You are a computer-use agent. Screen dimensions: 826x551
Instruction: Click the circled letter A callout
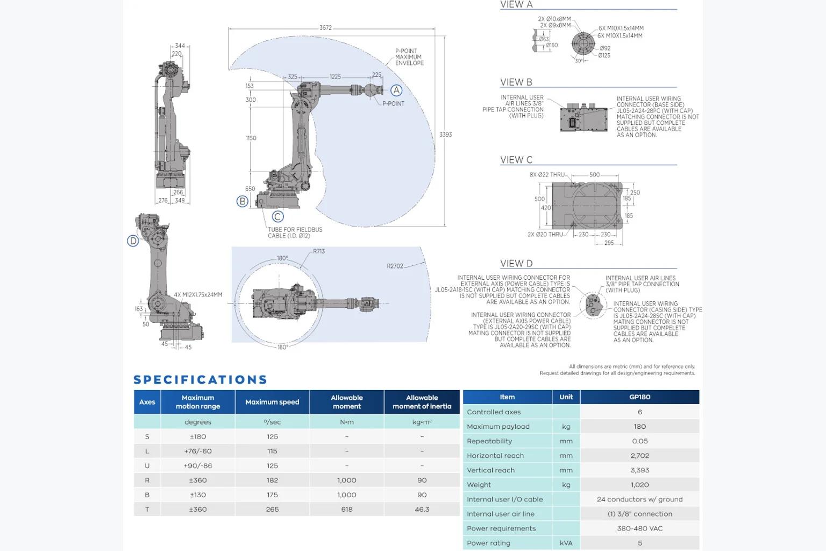tap(396, 90)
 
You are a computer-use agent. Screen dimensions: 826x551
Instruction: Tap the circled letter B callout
tap(243, 201)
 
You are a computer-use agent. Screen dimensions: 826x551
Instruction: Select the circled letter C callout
tap(277, 217)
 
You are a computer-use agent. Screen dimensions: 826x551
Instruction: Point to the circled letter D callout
tap(133, 241)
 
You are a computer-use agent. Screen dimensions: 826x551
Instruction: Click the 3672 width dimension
tap(325, 27)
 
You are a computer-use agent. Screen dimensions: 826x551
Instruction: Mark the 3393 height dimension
tap(445, 135)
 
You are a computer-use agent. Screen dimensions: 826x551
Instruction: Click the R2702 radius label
tap(395, 266)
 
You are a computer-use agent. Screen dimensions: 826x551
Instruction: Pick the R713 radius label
tap(319, 251)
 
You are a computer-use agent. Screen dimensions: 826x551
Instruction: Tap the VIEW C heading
tap(516, 160)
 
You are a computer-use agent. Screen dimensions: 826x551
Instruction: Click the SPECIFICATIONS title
tap(200, 380)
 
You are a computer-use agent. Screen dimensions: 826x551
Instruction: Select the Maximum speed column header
tap(272, 402)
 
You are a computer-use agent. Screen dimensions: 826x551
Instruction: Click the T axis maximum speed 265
tap(272, 509)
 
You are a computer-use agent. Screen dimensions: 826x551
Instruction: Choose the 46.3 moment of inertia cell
tap(422, 509)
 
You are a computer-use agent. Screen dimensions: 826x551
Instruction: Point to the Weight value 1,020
tap(640, 485)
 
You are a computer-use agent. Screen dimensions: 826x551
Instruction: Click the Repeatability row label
tap(489, 441)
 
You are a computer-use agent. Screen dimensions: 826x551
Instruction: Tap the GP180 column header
tap(640, 397)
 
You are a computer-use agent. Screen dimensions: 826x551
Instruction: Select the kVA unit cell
tap(566, 543)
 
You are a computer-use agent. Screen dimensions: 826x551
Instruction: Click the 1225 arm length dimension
tap(335, 76)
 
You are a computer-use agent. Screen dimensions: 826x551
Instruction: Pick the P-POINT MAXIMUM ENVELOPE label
tap(409, 57)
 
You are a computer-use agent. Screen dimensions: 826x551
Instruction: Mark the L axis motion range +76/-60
tap(198, 451)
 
